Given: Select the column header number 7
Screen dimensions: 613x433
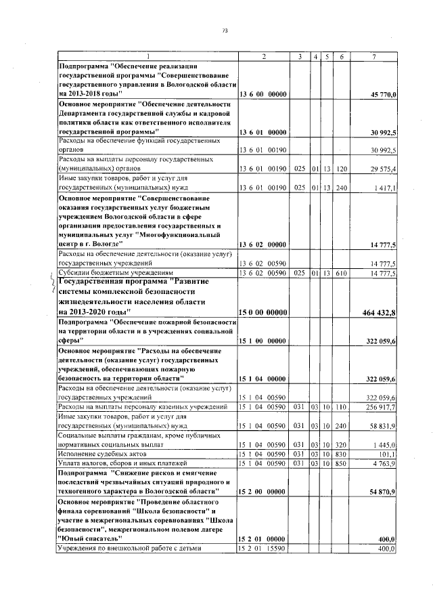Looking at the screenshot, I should click(x=373, y=56).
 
